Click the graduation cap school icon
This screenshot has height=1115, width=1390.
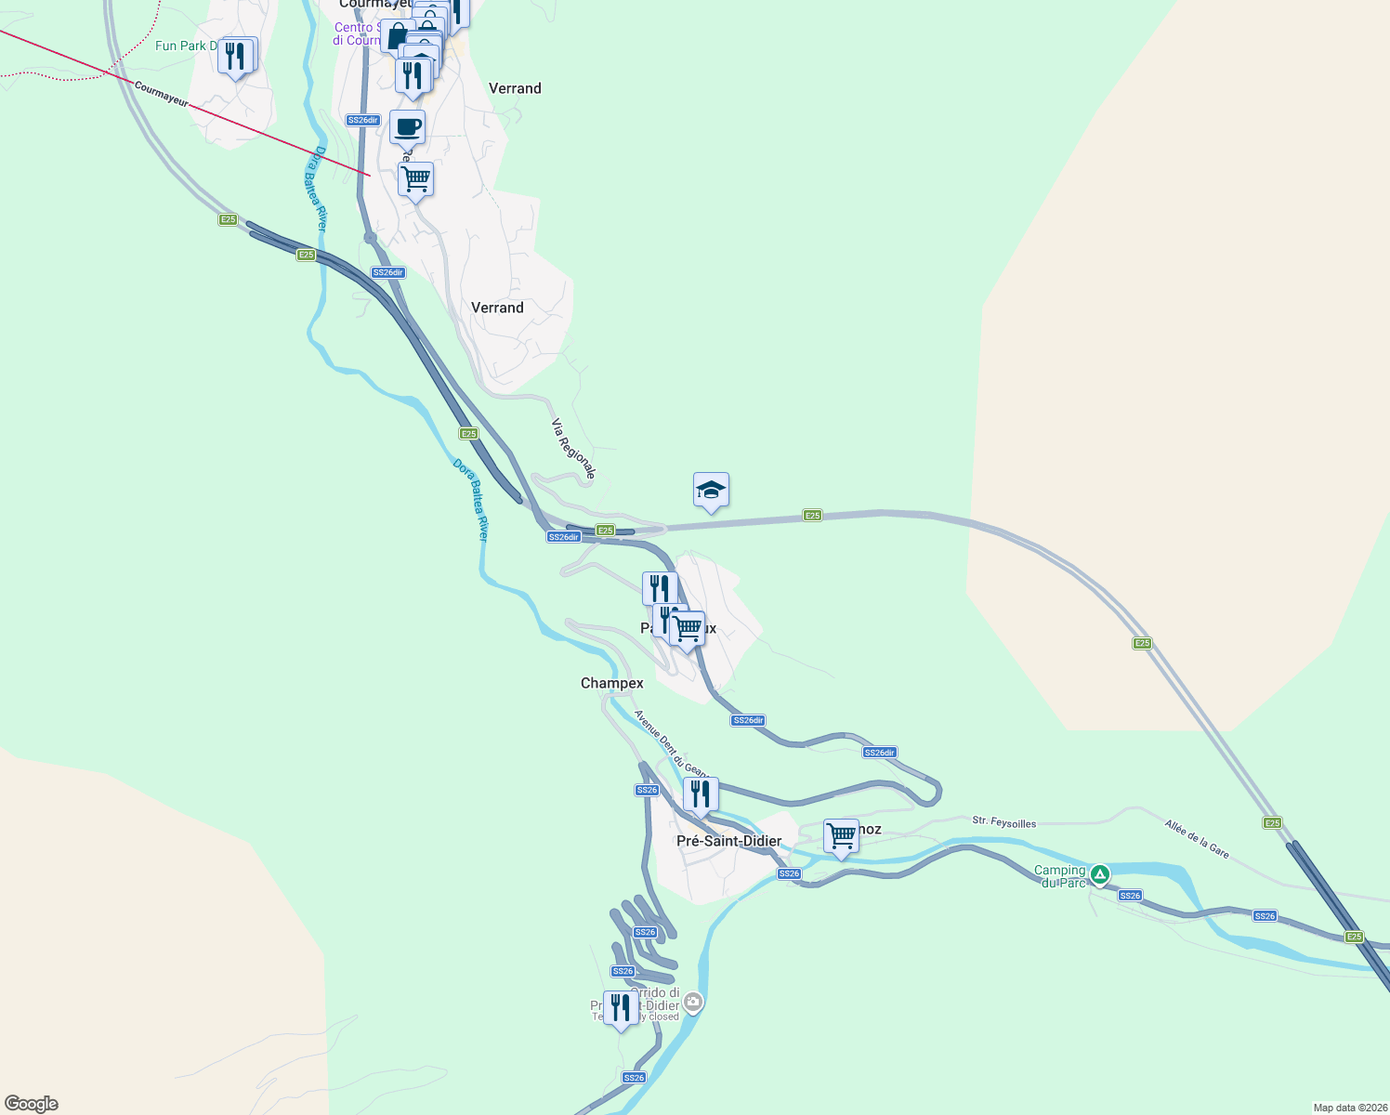tap(711, 490)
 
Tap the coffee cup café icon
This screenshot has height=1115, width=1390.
tap(407, 126)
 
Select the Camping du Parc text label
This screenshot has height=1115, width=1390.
tap(1060, 876)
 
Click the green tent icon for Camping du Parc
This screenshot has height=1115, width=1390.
tap(1100, 874)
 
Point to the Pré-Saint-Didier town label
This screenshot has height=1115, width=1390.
tap(728, 841)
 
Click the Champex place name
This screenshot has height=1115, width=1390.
tap(611, 683)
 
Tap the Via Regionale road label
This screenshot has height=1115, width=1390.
tap(573, 449)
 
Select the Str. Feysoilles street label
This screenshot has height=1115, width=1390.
tap(1003, 821)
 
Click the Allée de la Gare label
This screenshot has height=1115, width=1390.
tap(1197, 839)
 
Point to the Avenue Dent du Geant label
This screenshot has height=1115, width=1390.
tap(671, 743)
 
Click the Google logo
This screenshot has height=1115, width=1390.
tap(32, 1104)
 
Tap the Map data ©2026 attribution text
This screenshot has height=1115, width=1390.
tap(1348, 1108)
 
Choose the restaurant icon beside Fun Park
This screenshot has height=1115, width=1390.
tap(236, 56)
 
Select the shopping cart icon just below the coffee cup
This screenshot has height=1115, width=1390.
tap(415, 178)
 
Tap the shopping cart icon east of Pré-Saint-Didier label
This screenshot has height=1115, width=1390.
tap(841, 835)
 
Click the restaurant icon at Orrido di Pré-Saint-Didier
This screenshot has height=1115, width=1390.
tap(620, 1007)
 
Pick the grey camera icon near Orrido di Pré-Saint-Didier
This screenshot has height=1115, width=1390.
tap(693, 1003)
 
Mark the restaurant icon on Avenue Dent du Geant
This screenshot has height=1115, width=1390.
tap(701, 794)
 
